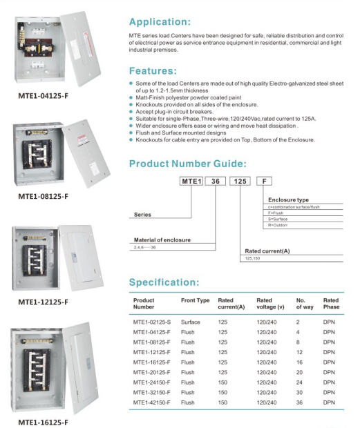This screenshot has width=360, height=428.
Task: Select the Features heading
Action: (x=153, y=71)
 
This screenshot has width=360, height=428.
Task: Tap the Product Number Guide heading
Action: (x=187, y=164)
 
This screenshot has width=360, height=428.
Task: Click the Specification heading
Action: (x=164, y=282)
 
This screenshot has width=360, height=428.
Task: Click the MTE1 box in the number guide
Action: (x=191, y=181)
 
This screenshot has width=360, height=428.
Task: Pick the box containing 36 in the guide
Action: (x=216, y=181)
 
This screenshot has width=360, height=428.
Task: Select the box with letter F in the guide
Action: (x=263, y=181)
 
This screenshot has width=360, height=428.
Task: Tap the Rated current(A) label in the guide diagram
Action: (x=267, y=251)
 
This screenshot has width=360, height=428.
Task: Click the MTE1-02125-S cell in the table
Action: (x=151, y=322)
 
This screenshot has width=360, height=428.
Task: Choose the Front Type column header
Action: (x=195, y=301)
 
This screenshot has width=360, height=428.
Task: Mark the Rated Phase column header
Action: (x=331, y=304)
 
